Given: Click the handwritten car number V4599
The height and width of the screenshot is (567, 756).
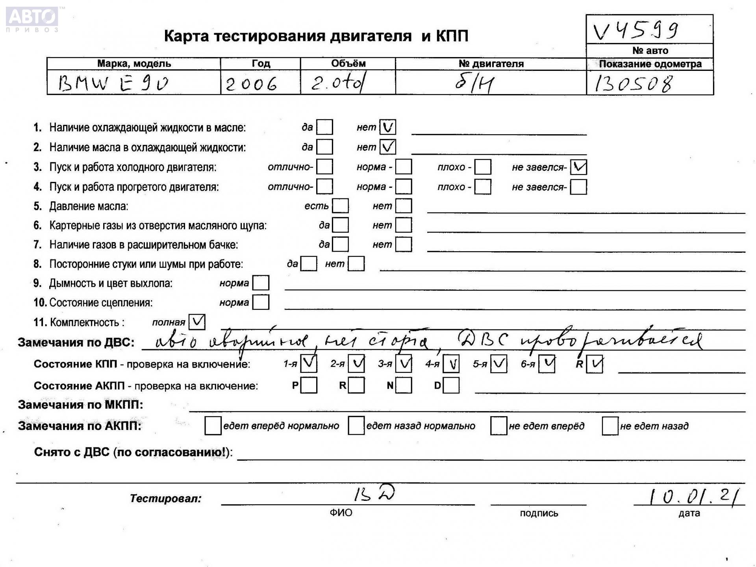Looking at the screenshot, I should [636, 30].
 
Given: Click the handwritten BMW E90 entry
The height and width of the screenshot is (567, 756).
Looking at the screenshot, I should [113, 83].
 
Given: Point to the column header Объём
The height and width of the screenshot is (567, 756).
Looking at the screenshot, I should [348, 63].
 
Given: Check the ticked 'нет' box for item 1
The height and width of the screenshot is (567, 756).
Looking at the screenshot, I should [387, 127].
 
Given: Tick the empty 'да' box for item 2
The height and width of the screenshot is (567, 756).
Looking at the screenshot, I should [324, 147].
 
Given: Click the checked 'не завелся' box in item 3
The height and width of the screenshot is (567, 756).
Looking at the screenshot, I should [578, 167].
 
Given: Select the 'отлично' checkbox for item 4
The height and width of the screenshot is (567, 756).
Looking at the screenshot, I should [324, 187].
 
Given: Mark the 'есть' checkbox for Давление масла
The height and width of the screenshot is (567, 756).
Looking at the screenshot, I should [340, 206].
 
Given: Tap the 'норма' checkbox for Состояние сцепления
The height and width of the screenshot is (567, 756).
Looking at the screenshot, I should [261, 302].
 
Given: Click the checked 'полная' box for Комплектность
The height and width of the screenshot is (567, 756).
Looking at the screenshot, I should [197, 322].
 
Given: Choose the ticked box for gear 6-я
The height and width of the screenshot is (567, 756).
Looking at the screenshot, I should [547, 364].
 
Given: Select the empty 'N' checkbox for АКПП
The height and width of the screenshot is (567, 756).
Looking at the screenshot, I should [404, 385].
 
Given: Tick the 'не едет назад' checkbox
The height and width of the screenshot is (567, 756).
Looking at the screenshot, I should [610, 426].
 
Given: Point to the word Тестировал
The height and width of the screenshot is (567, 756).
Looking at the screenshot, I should [165, 498].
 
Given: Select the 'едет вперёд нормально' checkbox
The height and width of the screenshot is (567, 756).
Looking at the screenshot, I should [213, 426].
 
